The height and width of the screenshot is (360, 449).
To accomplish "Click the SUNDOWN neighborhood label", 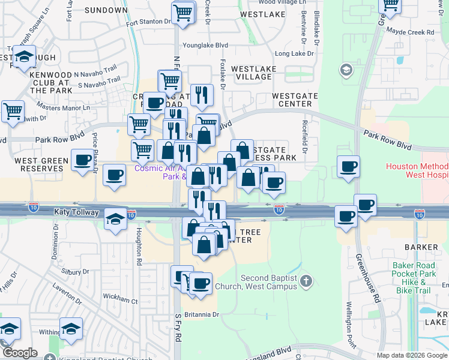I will [106, 10].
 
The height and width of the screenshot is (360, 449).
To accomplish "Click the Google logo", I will [19, 353].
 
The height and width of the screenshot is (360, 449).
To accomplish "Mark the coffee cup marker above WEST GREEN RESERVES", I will [82, 160].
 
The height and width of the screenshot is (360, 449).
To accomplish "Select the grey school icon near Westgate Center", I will [346, 71].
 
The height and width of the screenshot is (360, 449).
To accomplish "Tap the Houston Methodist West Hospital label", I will [417, 171].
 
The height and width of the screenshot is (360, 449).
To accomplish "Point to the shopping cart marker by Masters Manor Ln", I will [13, 112].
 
